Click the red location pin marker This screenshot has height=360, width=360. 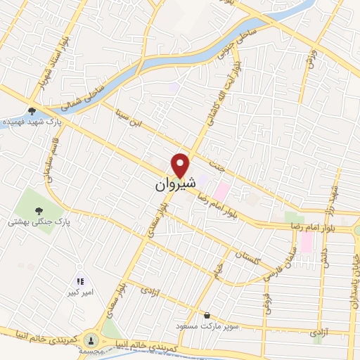181,165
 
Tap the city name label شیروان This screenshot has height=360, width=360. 172,186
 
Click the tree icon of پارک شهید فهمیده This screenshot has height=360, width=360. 31,110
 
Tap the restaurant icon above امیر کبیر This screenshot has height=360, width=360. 79,281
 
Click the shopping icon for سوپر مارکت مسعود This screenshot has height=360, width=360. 207,316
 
